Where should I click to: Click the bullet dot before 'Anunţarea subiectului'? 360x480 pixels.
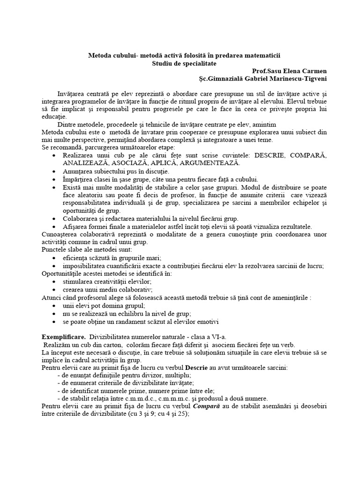[x=57, y=172]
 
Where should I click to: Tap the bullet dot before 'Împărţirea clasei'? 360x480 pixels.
[x=57, y=180]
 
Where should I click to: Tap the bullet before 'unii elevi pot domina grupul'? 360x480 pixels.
[x=57, y=306]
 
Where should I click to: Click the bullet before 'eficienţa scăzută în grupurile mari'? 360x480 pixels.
[x=57, y=258]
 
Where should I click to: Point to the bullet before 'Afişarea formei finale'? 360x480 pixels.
[x=57, y=227]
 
